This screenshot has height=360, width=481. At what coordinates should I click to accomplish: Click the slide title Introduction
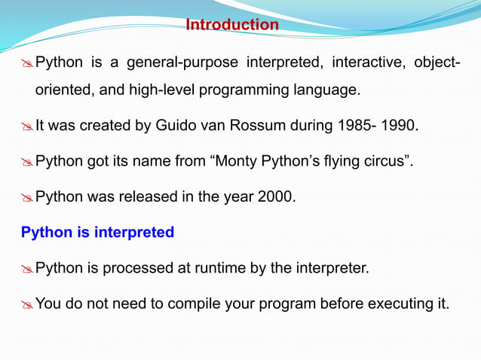click(x=232, y=25)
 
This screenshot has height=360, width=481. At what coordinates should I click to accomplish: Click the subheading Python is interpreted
click(x=97, y=232)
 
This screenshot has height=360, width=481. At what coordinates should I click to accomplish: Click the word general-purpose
click(x=183, y=61)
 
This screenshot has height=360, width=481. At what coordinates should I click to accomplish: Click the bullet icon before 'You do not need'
click(x=26, y=304)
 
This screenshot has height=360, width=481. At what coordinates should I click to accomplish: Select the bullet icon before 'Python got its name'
click(x=26, y=162)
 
